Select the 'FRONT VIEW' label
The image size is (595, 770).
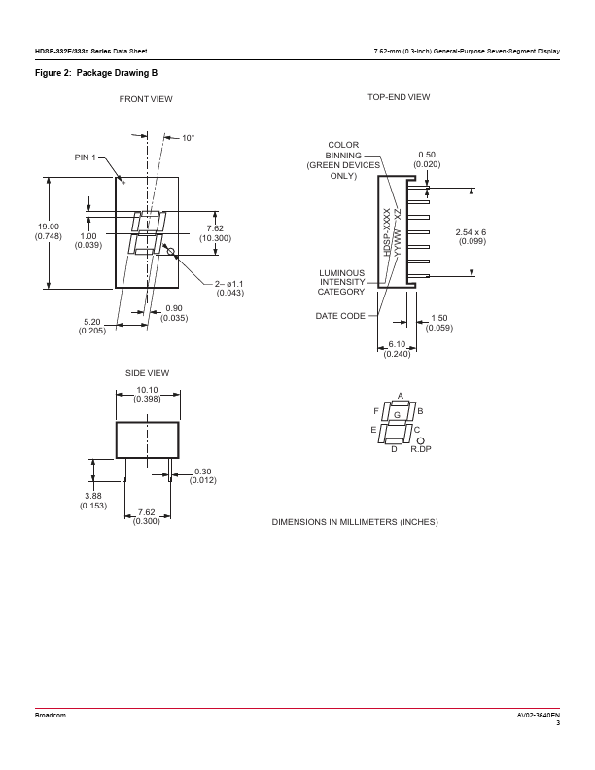[146, 99]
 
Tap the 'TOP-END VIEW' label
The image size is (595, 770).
[399, 97]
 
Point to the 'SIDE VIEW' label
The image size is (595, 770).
[147, 373]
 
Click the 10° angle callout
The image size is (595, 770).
[188, 139]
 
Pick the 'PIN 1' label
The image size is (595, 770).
[87, 157]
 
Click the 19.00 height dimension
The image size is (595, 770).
[48, 227]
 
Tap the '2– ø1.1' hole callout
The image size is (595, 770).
[231, 283]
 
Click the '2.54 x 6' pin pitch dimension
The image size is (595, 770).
[472, 231]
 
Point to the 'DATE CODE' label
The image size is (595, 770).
[340, 316]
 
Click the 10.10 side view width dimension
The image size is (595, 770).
[148, 390]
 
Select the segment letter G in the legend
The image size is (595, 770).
[397, 415]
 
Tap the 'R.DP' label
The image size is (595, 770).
[420, 450]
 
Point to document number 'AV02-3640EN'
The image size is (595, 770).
[539, 715]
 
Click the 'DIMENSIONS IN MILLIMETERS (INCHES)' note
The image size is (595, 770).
[355, 522]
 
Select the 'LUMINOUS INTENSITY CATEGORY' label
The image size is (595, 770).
[341, 282]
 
